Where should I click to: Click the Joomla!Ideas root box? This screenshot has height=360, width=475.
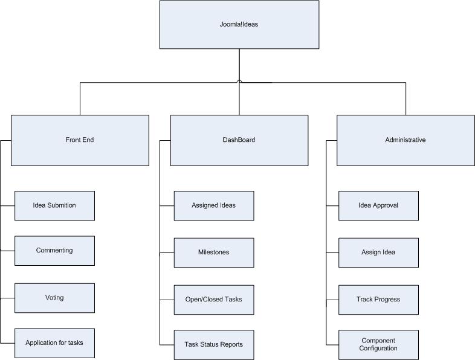pos(239,25)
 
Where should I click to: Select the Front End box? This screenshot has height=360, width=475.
pos(80,140)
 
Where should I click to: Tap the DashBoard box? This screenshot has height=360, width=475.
pos(239,140)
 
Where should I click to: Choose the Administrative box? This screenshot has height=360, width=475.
pos(406,140)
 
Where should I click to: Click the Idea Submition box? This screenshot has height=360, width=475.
pos(54,205)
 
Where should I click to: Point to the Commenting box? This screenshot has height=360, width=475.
pos(54,251)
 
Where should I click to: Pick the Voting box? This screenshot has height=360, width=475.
pos(54,298)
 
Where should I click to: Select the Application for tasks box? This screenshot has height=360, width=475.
pos(54,343)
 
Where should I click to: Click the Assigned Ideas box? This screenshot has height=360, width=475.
pos(214,205)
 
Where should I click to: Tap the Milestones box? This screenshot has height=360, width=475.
pos(214,252)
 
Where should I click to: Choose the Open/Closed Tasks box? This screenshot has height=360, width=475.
pos(214,300)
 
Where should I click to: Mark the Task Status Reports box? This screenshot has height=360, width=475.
pos(214,345)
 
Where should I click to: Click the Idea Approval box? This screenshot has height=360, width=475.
pos(378,205)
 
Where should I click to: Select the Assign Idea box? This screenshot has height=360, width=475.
pos(378,252)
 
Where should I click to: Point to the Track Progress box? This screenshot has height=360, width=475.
pos(378,300)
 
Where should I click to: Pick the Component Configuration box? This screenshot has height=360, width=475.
pos(378,345)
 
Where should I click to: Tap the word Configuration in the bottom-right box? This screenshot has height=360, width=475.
pos(378,349)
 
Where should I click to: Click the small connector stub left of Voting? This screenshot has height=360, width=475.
pos(7,298)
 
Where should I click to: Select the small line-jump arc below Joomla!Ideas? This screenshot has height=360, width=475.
pos(239,81)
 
